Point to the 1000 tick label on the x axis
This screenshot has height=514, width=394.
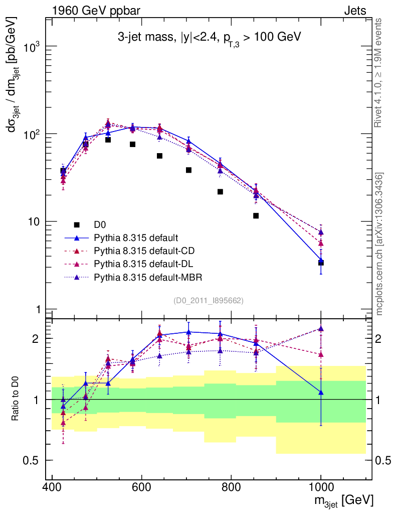pos(321,488)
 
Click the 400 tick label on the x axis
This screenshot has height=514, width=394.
pos(52,488)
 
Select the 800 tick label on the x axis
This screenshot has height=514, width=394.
pos(231,488)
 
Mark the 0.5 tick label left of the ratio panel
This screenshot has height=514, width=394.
pos(33,461)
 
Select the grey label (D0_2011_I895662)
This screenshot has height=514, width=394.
pos(209,301)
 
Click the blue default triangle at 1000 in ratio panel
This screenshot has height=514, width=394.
pos(321,393)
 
